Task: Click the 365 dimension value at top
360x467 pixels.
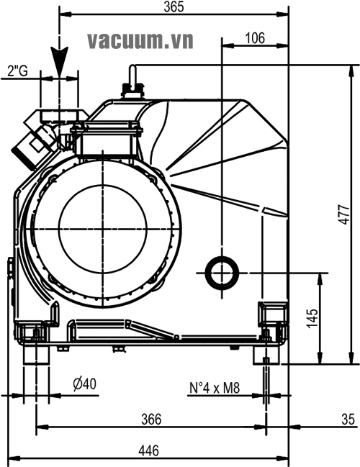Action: tap(174, 7)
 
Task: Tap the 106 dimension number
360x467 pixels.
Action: tap(255, 38)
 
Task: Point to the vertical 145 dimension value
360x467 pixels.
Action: tap(312, 319)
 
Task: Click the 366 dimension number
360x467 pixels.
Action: tap(151, 420)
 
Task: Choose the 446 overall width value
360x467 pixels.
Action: tap(149, 450)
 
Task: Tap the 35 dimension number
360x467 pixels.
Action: tap(348, 420)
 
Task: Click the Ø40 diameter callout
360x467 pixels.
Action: tap(85, 384)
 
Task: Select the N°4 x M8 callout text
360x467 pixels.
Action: tap(215, 388)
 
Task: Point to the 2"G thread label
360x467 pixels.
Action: tap(17, 71)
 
